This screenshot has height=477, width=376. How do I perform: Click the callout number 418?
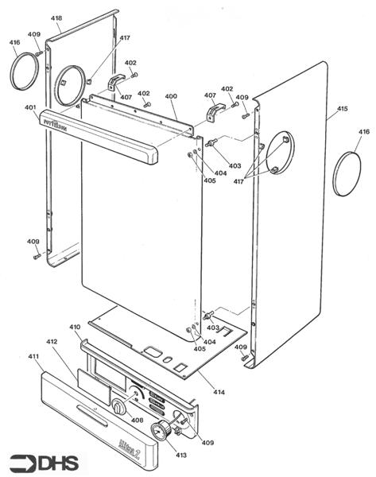pyautogui.click(x=57, y=17)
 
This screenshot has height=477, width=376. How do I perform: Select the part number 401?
pyautogui.click(x=30, y=107)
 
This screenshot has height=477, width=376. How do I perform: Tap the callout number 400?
pyautogui.click(x=171, y=97)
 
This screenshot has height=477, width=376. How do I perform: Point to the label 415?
pyautogui.click(x=343, y=109)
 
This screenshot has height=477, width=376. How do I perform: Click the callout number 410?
pyautogui.click(x=76, y=328)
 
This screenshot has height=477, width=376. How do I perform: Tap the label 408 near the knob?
pyautogui.click(x=137, y=420)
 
